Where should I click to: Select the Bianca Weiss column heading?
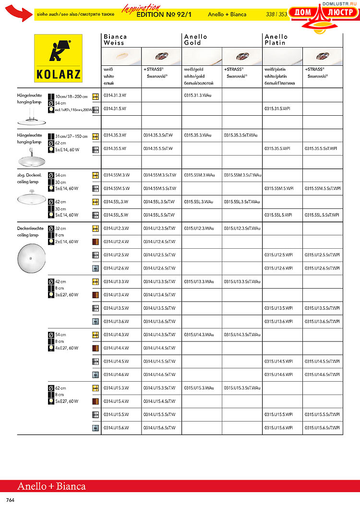pyautogui.click(x=116, y=39)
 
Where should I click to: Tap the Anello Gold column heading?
pyautogui.click(x=196, y=39)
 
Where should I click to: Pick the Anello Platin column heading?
pyautogui.click(x=276, y=39)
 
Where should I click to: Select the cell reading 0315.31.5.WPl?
pyautogui.click(x=277, y=109)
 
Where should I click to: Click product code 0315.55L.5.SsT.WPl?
pyautogui.click(x=322, y=215)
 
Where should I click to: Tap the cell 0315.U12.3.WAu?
pyautogui.click(x=199, y=228)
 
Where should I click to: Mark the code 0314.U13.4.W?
pyautogui.click(x=117, y=295)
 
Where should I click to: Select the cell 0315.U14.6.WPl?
pyautogui.click(x=278, y=375)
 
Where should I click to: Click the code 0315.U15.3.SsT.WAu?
pyautogui.click(x=242, y=388)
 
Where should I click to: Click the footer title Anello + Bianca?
pyautogui.click(x=51, y=486)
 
